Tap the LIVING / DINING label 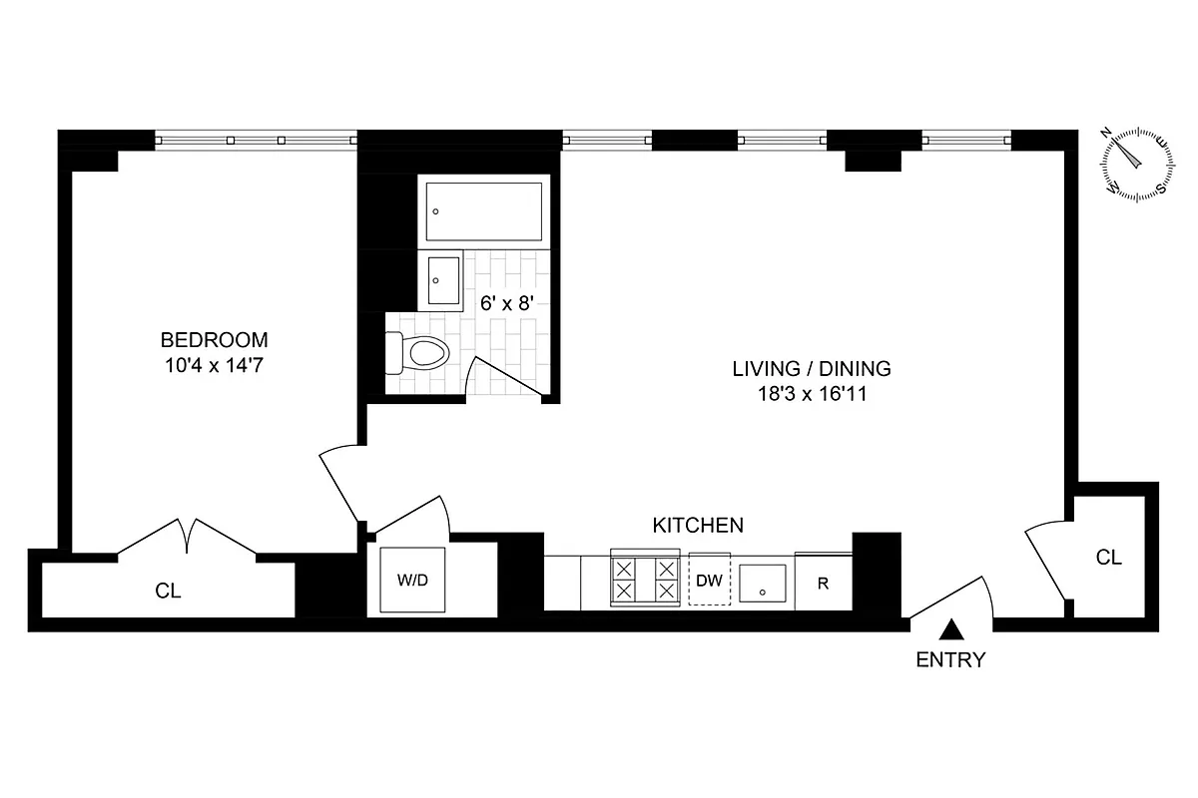[811, 368]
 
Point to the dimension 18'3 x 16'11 [811, 394]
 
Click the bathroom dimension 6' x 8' [509, 303]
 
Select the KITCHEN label [698, 525]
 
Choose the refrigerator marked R [824, 583]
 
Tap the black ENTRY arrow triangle [952, 629]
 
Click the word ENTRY [950, 659]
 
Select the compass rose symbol [1136, 163]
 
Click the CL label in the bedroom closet [169, 591]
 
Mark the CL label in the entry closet [1109, 558]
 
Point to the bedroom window [257, 141]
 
